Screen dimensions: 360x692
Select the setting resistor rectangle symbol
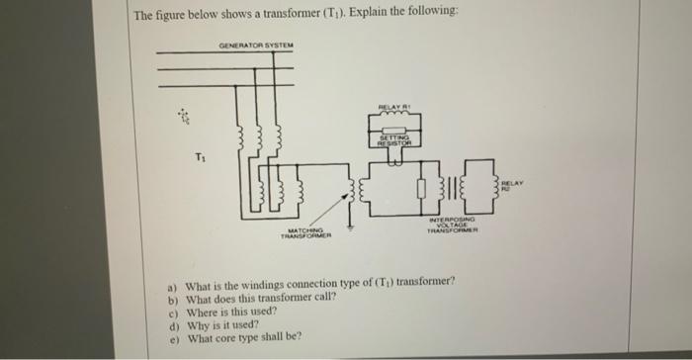point(391,141)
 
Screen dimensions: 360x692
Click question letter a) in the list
point(173,282)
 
